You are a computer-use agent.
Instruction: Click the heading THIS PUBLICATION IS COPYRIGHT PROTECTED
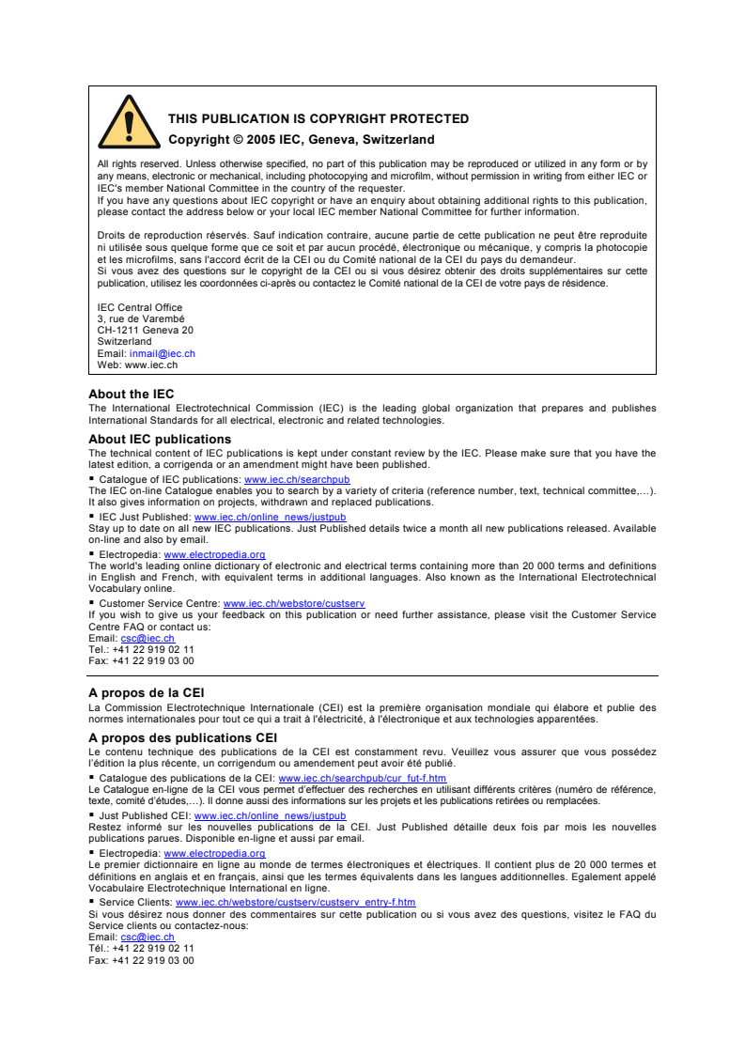pyautogui.click(x=318, y=119)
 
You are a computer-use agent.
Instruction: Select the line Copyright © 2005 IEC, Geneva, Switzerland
pyautogui.click(x=301, y=140)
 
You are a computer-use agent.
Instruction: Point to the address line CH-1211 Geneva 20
pyautogui.click(x=146, y=331)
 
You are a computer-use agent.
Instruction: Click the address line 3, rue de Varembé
pyautogui.click(x=141, y=319)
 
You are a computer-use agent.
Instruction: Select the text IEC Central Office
pyautogui.click(x=140, y=308)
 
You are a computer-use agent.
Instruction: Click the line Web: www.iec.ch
pyautogui.click(x=137, y=364)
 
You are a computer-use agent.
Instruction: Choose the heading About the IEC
pyautogui.click(x=131, y=395)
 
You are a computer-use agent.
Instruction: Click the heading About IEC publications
pyautogui.click(x=160, y=440)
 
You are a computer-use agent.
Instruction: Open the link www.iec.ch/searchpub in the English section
pyautogui.click(x=297, y=479)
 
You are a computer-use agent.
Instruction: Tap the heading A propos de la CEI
pyautogui.click(x=146, y=693)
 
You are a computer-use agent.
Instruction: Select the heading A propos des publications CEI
pyautogui.click(x=182, y=738)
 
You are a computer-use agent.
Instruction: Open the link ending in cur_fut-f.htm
pyautogui.click(x=362, y=778)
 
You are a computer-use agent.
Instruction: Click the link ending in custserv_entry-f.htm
pyautogui.click(x=295, y=902)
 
